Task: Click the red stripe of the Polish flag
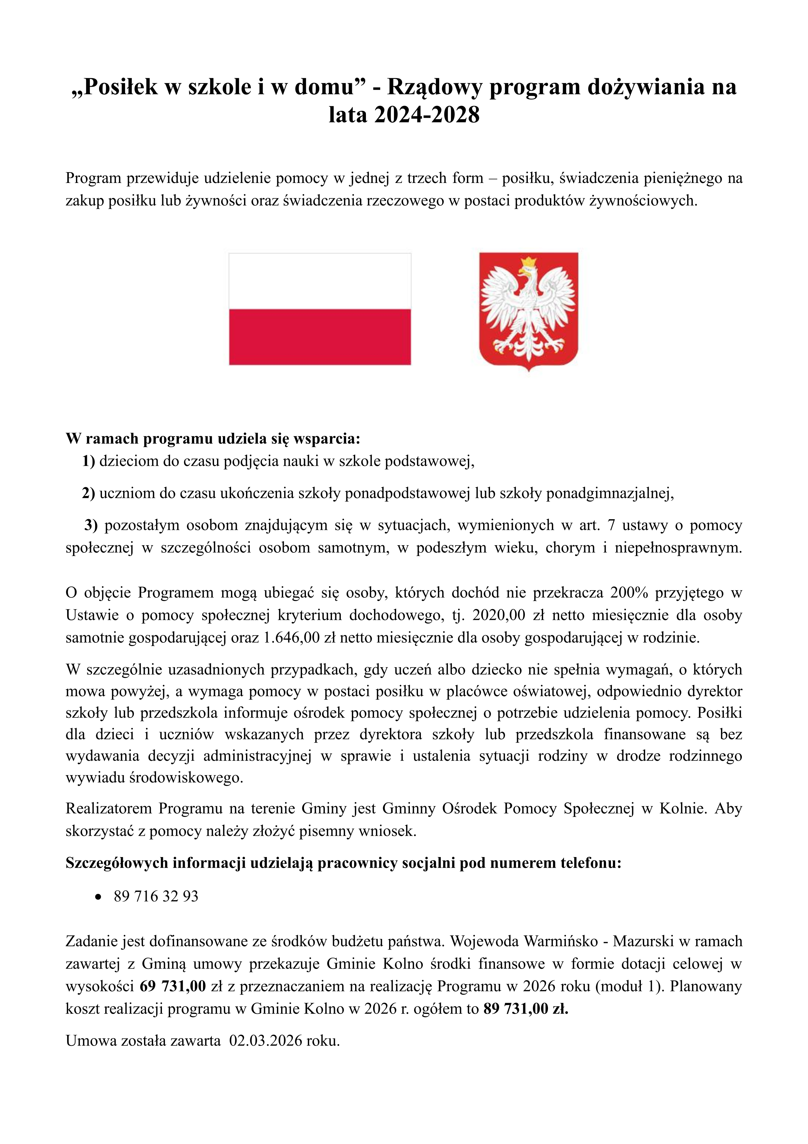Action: [320, 337]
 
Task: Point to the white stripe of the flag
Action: [320, 281]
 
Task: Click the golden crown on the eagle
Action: [528, 263]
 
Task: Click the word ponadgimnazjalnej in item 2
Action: [610, 493]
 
